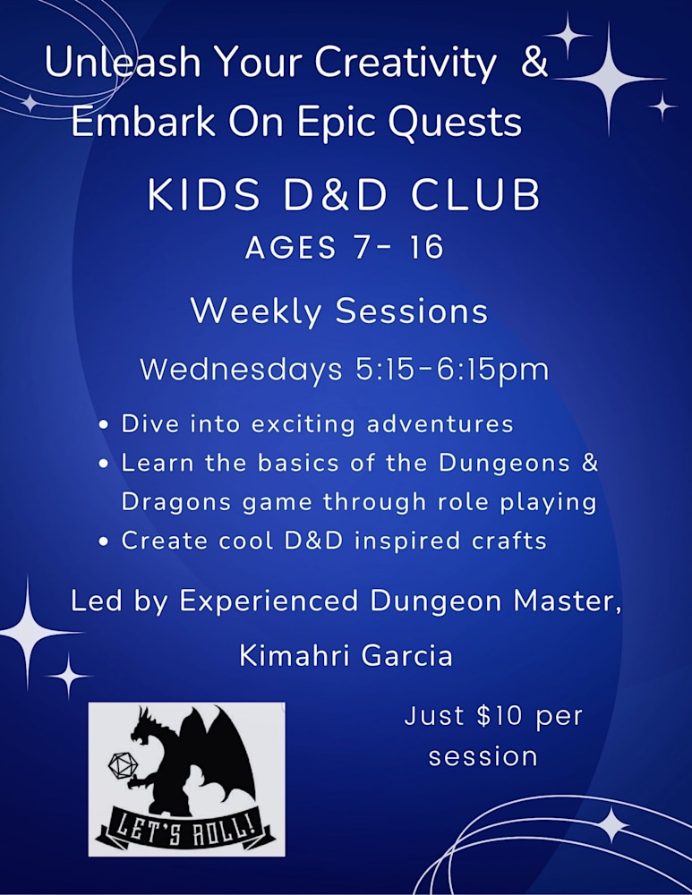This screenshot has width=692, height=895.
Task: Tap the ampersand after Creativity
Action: pos(534,64)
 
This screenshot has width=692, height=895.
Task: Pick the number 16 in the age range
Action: pos(423,248)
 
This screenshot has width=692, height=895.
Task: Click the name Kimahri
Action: pos(292,656)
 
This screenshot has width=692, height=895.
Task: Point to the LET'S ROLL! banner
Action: pos(186,825)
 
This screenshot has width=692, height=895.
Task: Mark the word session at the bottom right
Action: pos(483,756)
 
